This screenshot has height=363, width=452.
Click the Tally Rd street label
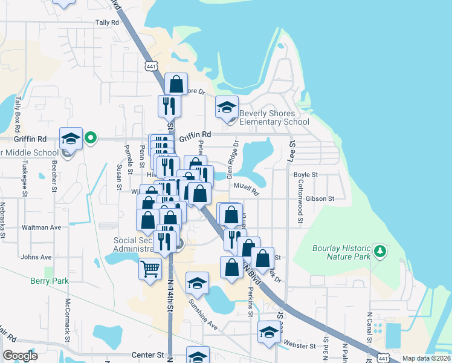point(108,22)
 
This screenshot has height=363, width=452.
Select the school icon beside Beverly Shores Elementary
point(227,108)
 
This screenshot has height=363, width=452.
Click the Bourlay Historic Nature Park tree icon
point(379,250)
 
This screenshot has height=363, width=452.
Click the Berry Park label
point(50,281)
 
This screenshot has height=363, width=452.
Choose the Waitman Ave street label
point(41,227)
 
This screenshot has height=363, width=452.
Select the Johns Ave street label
point(36,257)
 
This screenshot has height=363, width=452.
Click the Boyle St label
point(305,175)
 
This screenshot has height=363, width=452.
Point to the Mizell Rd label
point(246,190)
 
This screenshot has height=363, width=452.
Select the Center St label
point(152,355)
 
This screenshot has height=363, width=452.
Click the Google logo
point(20,356)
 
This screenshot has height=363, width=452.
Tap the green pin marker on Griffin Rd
point(91,139)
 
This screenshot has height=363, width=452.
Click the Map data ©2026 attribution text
point(425,358)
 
